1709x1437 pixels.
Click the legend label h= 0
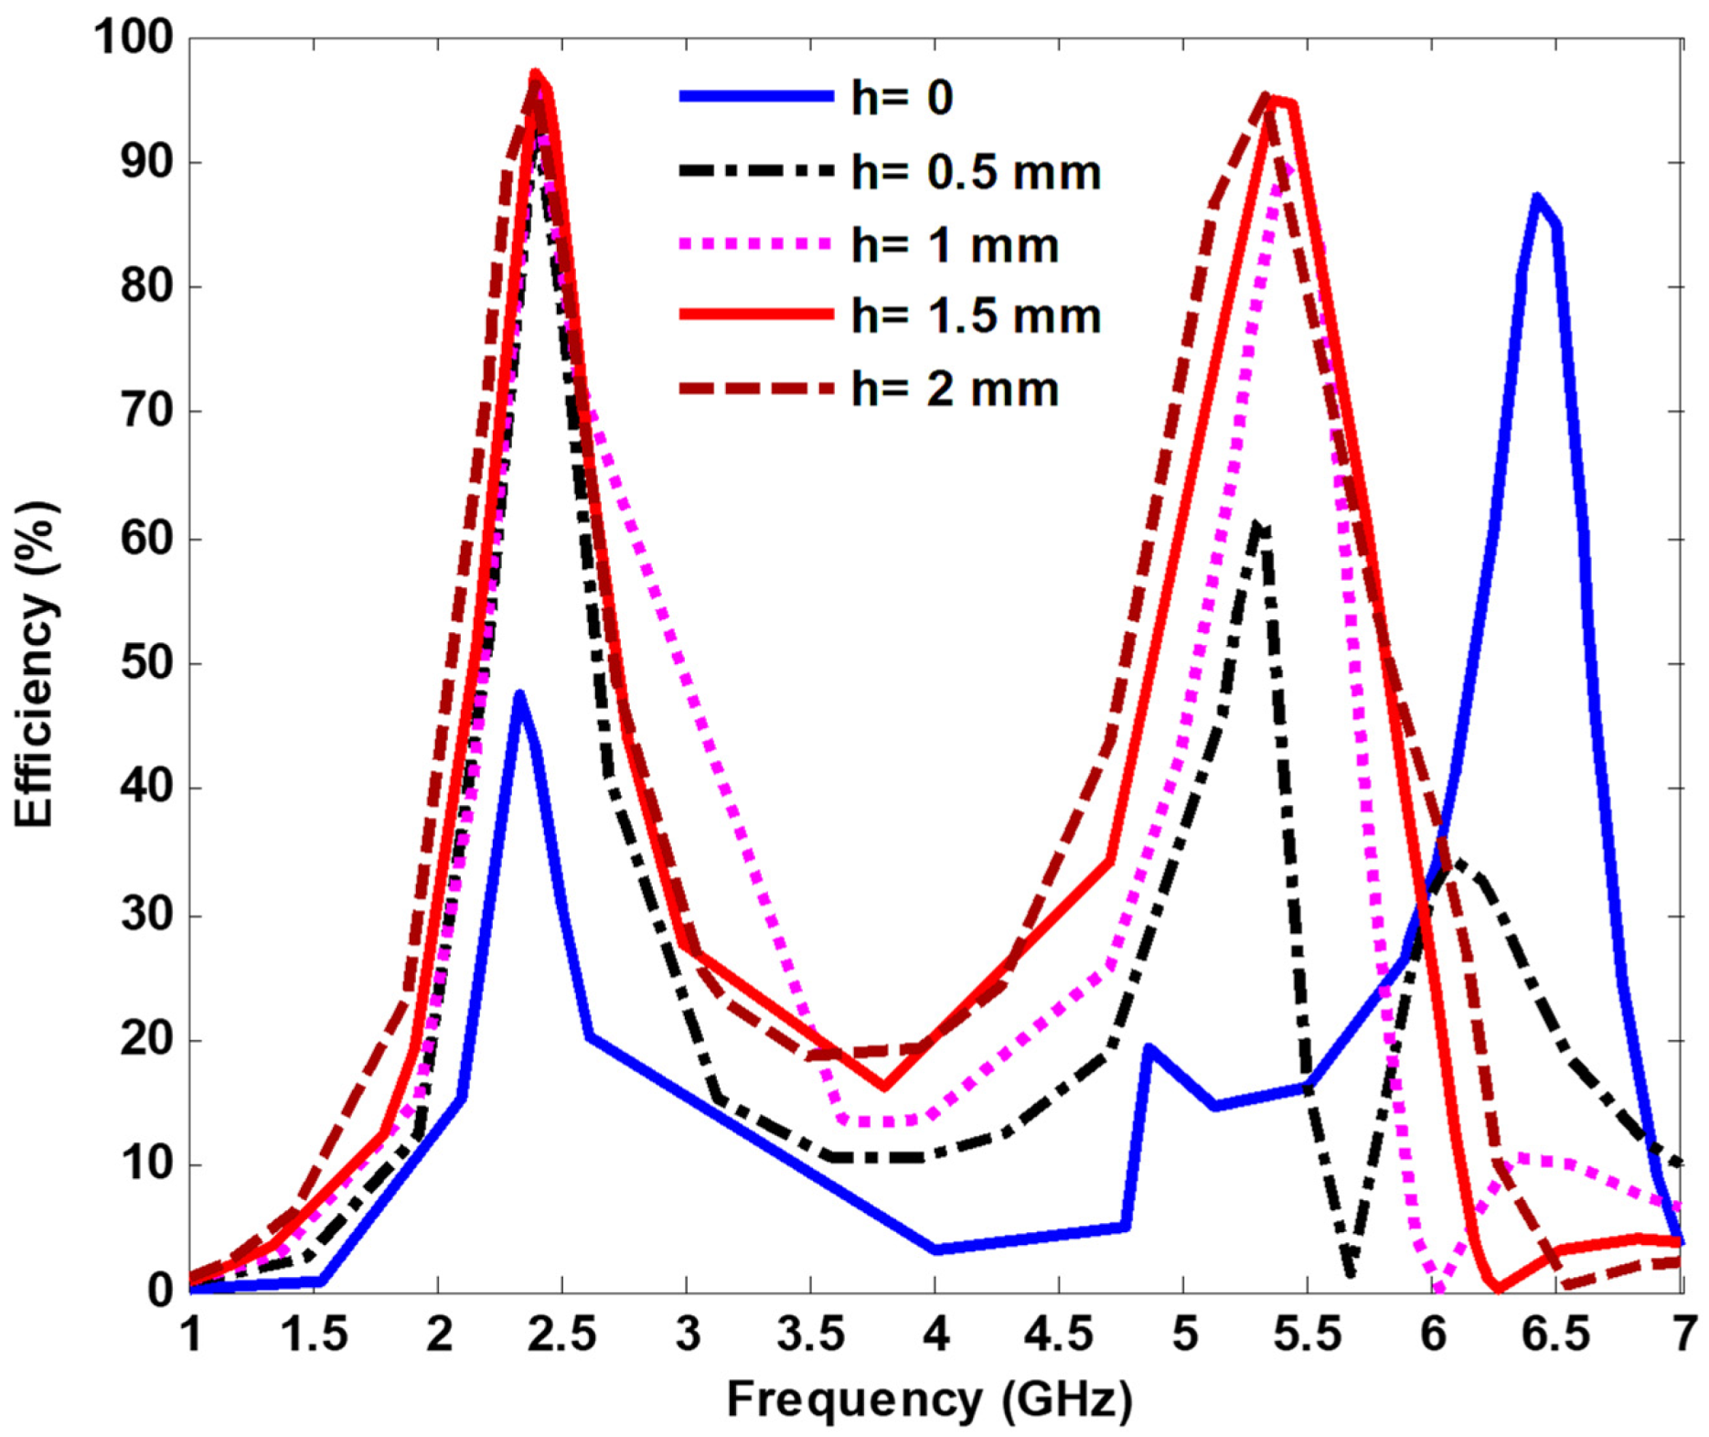[x=902, y=97]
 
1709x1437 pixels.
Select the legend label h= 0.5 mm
[x=976, y=172]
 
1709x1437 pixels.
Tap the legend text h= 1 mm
[x=955, y=245]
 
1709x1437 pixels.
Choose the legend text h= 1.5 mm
[x=976, y=316]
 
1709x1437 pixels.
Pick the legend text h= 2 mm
[x=955, y=389]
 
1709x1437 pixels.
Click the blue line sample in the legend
[x=756, y=96]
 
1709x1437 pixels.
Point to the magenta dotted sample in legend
[x=756, y=244]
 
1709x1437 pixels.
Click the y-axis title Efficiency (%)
[x=35, y=664]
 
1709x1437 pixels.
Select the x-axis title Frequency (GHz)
[x=929, y=1399]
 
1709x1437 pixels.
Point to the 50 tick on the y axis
[x=146, y=664]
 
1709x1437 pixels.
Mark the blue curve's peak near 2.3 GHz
[x=519, y=693]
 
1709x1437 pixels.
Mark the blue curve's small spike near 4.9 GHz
[x=1149, y=1047]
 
